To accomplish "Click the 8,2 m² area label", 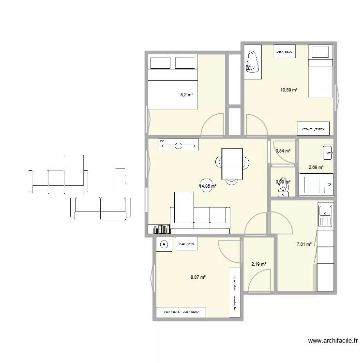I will point(187,95).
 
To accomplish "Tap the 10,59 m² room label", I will point(288,90).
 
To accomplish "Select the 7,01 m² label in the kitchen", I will point(304,245).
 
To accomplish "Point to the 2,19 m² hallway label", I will point(258,264).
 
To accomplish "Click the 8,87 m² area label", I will point(198,277).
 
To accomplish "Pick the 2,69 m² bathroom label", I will point(316,167).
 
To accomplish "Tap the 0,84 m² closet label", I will point(283,151).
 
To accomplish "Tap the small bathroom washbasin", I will point(328,152).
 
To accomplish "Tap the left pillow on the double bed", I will point(161,64).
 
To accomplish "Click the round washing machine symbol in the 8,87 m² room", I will point(164,245).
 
